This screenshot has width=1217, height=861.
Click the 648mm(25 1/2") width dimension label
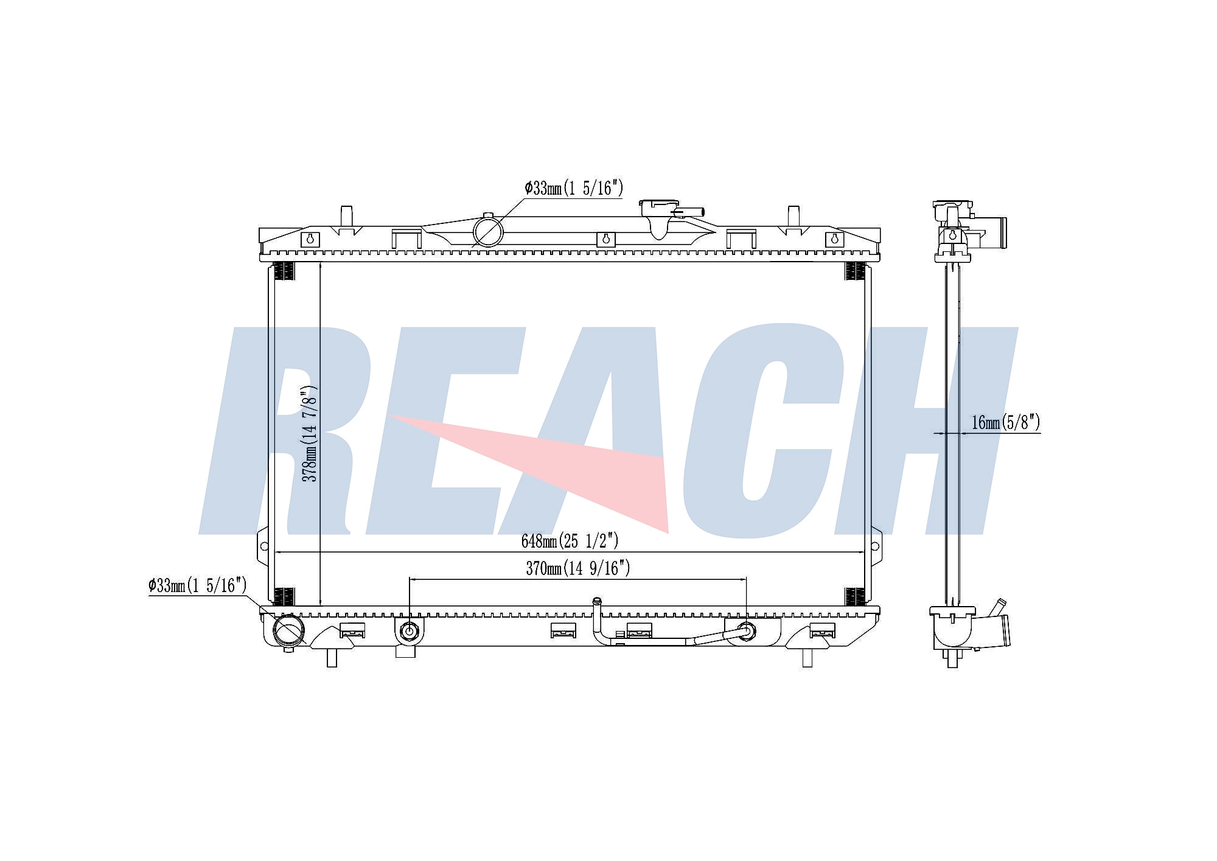pos(570,540)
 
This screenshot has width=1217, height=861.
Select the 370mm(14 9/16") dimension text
pos(577,568)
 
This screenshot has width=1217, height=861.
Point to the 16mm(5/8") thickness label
pos(1005,422)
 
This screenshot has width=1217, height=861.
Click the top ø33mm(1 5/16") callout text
pos(574,188)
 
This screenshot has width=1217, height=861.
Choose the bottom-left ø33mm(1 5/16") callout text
pos(197,586)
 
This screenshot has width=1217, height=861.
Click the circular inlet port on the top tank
pos(488,232)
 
